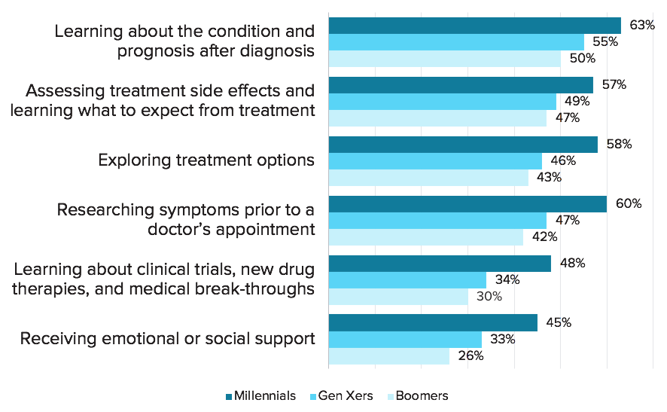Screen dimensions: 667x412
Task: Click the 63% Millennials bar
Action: point(475,26)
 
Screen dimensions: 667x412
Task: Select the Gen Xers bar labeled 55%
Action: point(456,42)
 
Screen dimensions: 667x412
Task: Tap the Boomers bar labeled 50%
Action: point(444,59)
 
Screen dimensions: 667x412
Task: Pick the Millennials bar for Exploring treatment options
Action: point(463,145)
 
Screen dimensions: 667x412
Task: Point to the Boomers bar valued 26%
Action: point(389,356)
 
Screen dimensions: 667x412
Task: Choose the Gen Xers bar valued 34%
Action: point(407,280)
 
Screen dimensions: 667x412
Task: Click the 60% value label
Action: point(629,204)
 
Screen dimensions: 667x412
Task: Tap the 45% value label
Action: point(559,322)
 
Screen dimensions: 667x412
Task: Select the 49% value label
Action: point(577,102)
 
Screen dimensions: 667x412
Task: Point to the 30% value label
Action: point(489,296)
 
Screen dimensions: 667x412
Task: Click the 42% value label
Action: point(545,237)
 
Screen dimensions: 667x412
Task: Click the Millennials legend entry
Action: point(260,396)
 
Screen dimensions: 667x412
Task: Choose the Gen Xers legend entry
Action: point(342,396)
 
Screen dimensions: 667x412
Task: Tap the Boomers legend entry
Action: point(418,396)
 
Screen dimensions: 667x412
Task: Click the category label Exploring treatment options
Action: point(206,160)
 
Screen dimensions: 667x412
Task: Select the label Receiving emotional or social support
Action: point(168,339)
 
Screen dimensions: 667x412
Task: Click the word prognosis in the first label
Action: point(156,51)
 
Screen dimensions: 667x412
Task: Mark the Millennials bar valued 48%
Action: point(440,264)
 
